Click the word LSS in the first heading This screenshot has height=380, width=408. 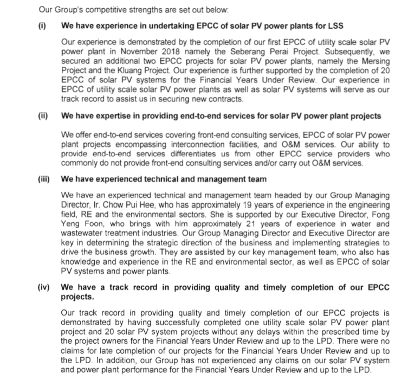[x=334, y=25]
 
